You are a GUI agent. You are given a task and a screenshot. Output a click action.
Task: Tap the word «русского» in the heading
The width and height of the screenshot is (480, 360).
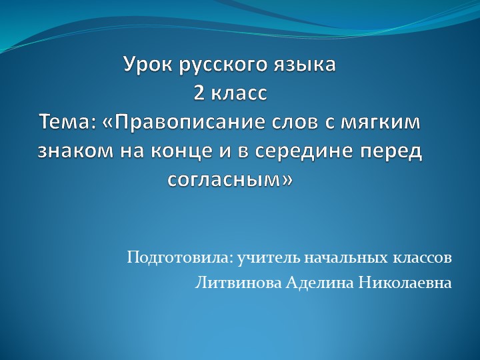[x=216, y=67]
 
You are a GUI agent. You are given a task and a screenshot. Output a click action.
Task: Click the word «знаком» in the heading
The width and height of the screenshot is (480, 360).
[x=74, y=151]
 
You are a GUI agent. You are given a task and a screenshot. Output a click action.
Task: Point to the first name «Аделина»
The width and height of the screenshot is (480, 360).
[x=319, y=283]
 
